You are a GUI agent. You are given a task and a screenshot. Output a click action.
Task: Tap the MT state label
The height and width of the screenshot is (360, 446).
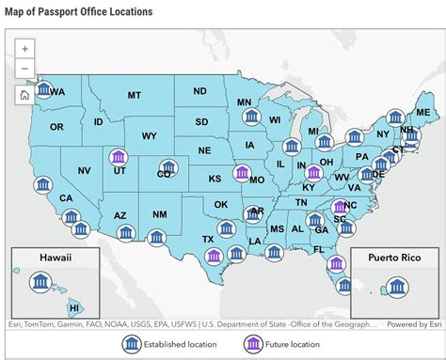(135, 95)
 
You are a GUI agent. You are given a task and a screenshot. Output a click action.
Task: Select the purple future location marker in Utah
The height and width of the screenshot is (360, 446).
(118, 156)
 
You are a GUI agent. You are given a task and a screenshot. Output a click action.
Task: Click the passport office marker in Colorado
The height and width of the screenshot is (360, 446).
(166, 168)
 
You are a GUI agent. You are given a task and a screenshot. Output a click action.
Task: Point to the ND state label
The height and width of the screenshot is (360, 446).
(199, 91)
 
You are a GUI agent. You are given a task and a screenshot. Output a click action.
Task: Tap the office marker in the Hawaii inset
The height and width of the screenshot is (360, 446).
(41, 282)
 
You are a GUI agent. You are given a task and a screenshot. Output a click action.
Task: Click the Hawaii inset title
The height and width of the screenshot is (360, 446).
(55, 257)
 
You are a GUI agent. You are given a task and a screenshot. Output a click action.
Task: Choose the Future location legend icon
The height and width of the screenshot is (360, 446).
(253, 343)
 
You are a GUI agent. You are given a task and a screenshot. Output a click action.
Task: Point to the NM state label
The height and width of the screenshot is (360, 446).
(160, 215)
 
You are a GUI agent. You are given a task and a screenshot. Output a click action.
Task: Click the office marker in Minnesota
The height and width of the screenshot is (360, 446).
(249, 115)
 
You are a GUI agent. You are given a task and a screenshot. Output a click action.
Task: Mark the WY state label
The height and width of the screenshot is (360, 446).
(149, 135)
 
